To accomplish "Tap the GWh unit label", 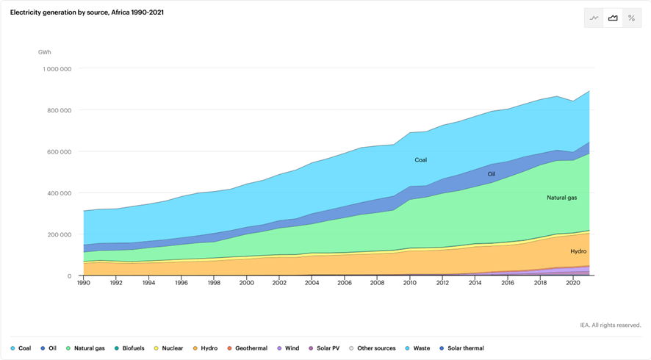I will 45,52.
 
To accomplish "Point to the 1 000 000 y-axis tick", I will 56,69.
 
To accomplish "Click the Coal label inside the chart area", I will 420,159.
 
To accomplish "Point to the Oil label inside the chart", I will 492,174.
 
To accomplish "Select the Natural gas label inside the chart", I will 561,198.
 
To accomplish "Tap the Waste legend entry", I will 417,348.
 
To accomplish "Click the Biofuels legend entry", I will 130,348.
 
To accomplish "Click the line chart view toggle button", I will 594,18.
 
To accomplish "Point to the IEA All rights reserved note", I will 610,325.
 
